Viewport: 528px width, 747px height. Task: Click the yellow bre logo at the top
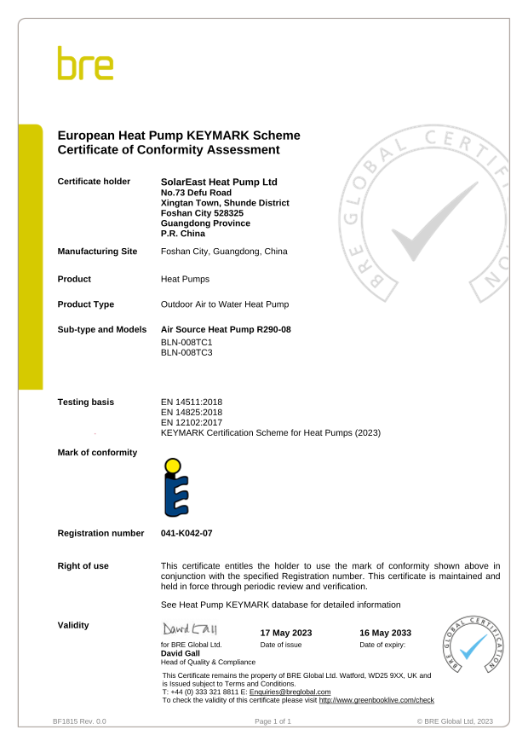(x=85, y=64)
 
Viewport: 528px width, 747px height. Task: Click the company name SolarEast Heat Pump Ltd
(x=219, y=182)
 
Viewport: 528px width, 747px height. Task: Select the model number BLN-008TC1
(x=187, y=342)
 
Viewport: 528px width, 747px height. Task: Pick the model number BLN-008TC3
(x=187, y=352)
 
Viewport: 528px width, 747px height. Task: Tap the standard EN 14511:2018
(x=192, y=402)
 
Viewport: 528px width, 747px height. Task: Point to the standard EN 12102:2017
(x=192, y=422)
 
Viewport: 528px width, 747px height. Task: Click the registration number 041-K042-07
(x=187, y=533)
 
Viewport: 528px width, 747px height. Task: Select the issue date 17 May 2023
(x=286, y=633)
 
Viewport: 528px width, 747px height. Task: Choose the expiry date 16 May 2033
(x=386, y=633)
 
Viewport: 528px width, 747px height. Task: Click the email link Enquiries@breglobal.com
(x=290, y=692)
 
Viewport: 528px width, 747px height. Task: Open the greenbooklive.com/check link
(x=376, y=700)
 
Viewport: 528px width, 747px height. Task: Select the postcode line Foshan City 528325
(x=202, y=213)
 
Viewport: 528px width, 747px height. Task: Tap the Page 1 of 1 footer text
(x=273, y=721)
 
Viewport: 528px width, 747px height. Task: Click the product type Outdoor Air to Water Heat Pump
(x=225, y=304)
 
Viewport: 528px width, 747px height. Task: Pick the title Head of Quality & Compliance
(x=208, y=662)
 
